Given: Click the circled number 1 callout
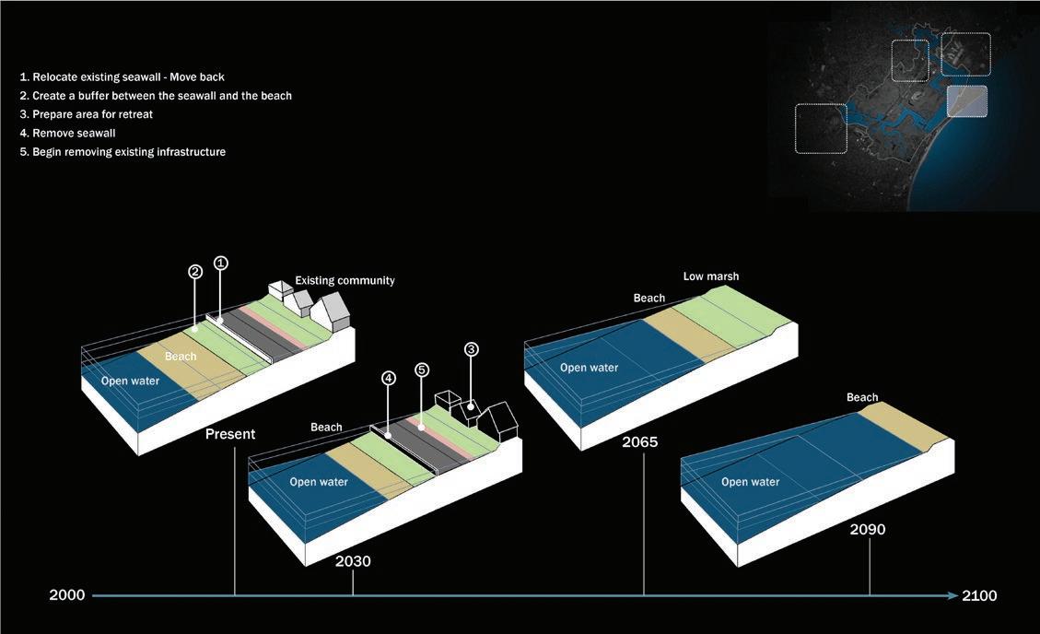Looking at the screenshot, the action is [x=220, y=263].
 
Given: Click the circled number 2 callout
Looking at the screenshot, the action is [x=195, y=272].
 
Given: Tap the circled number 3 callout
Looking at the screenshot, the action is [x=471, y=349].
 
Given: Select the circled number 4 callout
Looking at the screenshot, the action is [x=390, y=379].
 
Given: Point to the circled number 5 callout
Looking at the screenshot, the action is [x=422, y=370].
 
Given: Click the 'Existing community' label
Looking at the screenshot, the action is [x=345, y=280].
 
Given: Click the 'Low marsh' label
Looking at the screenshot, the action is [x=710, y=276].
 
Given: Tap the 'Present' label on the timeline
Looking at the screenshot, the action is [x=230, y=434].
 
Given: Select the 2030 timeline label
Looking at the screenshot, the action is [x=353, y=561].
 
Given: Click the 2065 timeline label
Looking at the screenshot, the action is [x=640, y=442].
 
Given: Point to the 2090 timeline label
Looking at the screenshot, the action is [x=868, y=530].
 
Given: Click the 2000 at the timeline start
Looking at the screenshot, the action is [x=66, y=595].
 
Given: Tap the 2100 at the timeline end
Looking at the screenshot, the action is [x=978, y=595].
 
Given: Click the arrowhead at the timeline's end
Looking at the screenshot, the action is [x=952, y=595].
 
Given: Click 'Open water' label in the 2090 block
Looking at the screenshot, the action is [x=750, y=482].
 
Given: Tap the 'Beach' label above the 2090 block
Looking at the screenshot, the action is [x=862, y=397].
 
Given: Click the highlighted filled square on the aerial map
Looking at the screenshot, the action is [x=966, y=100].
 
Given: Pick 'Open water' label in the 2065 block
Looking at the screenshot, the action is [x=589, y=368].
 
